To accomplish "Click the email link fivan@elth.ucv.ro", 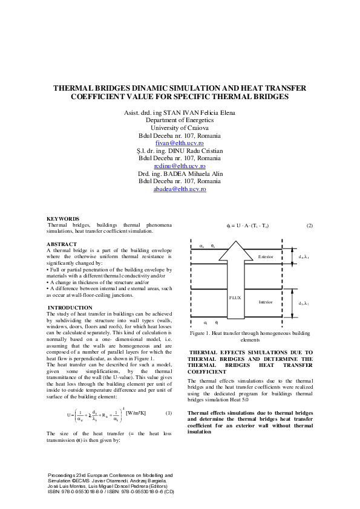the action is pos(180,143).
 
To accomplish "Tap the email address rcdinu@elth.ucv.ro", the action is pos(180,166).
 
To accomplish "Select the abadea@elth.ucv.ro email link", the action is pos(180,189).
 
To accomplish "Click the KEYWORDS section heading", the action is pos(63,218).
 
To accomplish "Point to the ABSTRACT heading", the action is pos(62,244).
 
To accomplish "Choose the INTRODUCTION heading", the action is pos(70,308).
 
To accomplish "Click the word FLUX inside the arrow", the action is pos(236,297).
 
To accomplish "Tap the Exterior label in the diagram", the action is pos(266,257).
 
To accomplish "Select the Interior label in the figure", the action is pos(266,302).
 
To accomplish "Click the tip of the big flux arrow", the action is pos(237,242).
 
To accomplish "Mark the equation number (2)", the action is pos(309,225).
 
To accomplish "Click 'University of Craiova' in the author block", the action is pos(180,128).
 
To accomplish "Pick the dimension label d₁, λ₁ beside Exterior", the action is pos(303,257).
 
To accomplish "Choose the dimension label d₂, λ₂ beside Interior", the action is pos(303,303).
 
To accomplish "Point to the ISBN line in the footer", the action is pos(111,492).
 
